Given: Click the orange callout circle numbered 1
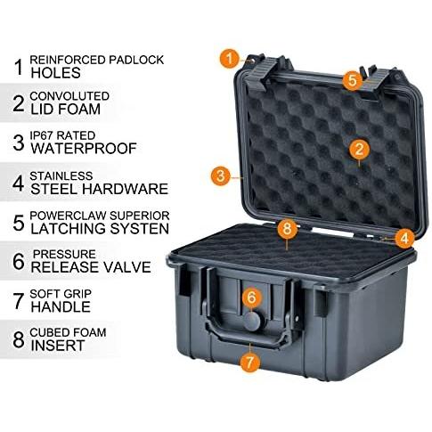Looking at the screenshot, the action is click(229, 59).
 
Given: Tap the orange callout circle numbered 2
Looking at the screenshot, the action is click(359, 149).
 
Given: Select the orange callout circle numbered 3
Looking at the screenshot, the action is click(221, 175).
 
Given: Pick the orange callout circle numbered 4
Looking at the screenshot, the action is click(404, 238).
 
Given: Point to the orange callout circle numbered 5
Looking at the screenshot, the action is click(352, 80).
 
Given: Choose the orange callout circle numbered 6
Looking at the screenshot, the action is click(251, 297).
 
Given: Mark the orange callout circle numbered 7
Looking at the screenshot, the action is click(249, 362).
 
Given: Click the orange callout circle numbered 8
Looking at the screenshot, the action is click(287, 229).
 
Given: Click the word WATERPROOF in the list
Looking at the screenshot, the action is click(84, 149).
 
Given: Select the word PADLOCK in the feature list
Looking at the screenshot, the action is click(136, 60).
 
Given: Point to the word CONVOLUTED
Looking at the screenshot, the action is click(69, 96).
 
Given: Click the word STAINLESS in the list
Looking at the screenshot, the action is click(61, 175).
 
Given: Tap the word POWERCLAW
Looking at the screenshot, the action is click(65, 216).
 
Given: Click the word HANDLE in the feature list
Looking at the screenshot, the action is click(61, 306).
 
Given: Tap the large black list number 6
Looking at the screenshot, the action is click(19, 261).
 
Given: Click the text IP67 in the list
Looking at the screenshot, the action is click(42, 135).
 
